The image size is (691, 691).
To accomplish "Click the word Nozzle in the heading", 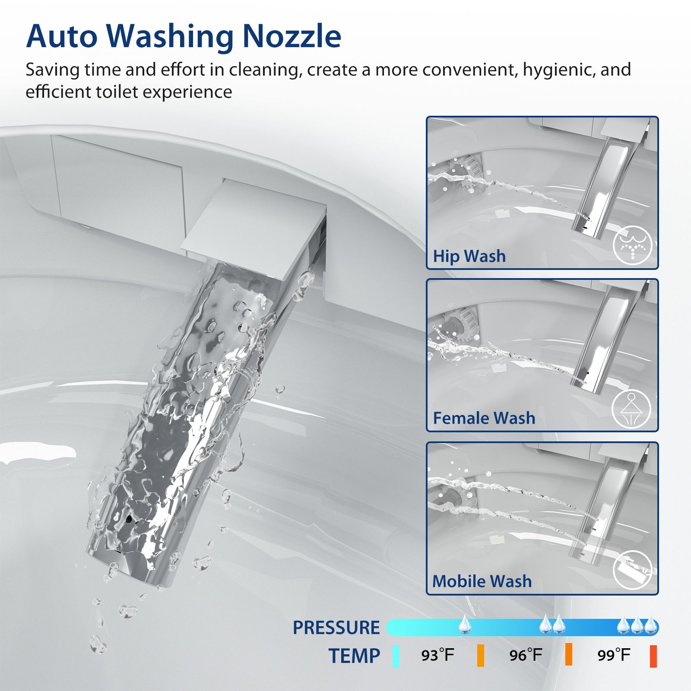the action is (292, 36).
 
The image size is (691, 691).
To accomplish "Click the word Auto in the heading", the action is (62, 36).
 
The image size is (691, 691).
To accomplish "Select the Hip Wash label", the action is (469, 256).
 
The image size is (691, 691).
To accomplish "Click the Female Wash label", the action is (484, 418).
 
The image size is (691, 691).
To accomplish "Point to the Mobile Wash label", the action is (482, 581).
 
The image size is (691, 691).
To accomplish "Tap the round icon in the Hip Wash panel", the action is (633, 245).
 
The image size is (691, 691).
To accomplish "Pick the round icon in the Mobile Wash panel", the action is (633, 570).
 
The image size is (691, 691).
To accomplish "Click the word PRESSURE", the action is (336, 628).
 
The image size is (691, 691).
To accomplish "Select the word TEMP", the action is (354, 656).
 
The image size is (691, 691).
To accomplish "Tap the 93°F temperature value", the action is (437, 655).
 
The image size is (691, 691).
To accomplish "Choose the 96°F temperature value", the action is (526, 655).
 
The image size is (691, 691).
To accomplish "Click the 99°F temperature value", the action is (614, 655).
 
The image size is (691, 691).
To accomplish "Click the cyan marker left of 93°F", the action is (396, 656).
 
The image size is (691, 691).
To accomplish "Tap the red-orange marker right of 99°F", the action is (653, 656).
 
